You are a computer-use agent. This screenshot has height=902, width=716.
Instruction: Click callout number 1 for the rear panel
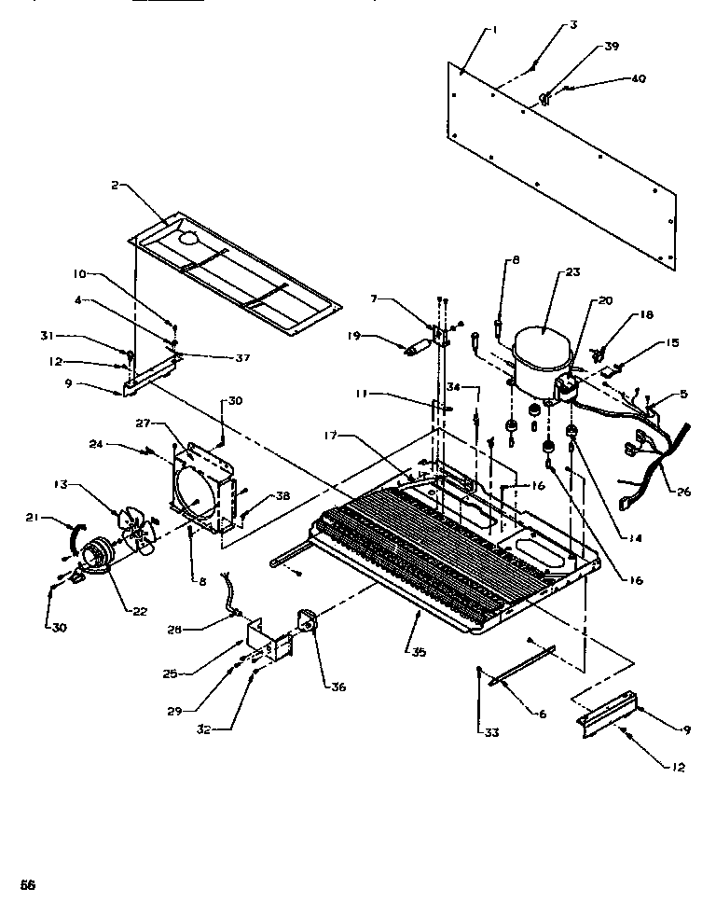click(x=494, y=30)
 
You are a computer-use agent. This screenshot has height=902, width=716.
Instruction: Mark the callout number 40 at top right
click(x=638, y=79)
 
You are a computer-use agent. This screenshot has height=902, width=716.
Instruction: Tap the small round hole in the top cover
click(x=188, y=239)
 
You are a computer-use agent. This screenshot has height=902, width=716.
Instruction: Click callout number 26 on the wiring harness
click(x=683, y=492)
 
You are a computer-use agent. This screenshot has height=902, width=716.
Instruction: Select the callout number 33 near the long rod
click(x=491, y=732)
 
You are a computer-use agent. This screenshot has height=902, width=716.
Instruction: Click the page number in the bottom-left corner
click(x=28, y=883)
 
